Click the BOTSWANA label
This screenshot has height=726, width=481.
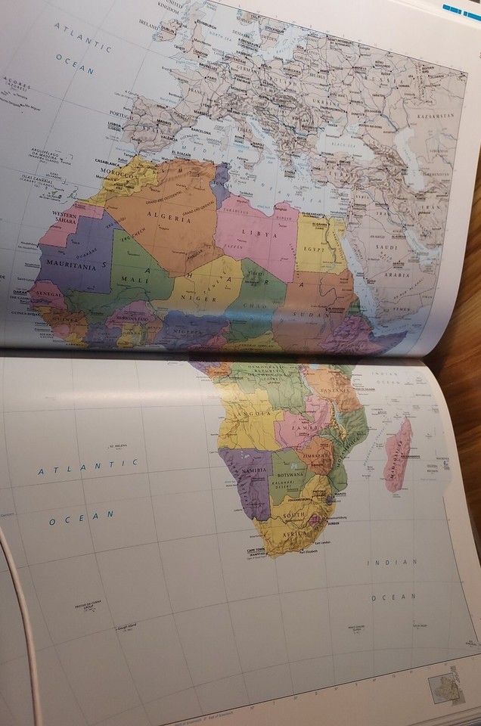coord(290,475)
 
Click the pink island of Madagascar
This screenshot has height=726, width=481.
coord(397,455)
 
